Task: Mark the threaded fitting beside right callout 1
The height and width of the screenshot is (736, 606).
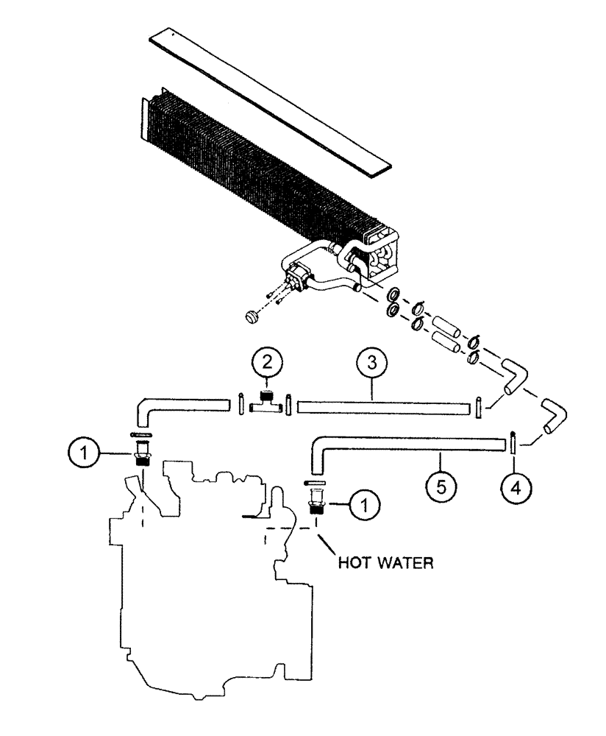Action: [316, 501]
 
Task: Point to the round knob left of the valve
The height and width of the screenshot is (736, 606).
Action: [252, 316]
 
